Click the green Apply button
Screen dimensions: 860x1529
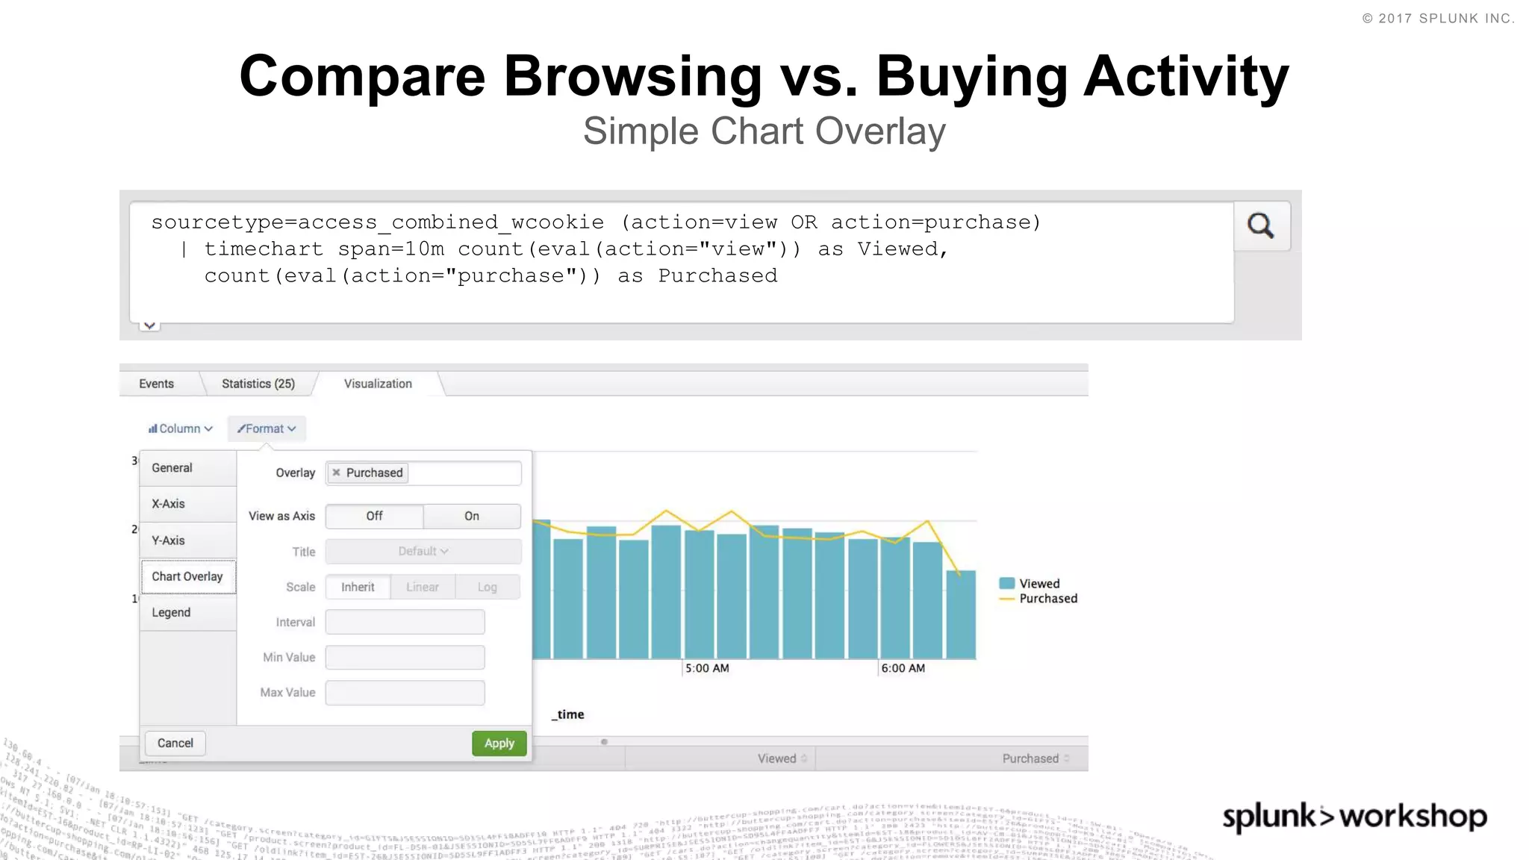click(499, 743)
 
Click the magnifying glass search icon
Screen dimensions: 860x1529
click(1261, 225)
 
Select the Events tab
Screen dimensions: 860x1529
click(156, 384)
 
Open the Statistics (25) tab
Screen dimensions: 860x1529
click(258, 384)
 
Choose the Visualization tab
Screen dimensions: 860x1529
click(378, 384)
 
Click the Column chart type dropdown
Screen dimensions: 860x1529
click(181, 429)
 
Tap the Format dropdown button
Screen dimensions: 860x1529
click(267, 429)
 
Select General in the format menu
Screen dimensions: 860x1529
click(172, 468)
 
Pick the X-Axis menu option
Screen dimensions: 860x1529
click(169, 504)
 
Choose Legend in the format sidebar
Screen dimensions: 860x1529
click(172, 612)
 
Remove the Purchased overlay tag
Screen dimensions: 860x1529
click(337, 473)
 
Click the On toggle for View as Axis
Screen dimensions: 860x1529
click(472, 516)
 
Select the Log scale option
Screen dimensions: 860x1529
click(487, 588)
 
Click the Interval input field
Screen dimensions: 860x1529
click(405, 622)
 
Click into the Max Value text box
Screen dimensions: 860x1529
click(405, 692)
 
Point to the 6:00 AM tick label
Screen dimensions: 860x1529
click(903, 668)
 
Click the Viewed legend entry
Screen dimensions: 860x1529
click(1038, 584)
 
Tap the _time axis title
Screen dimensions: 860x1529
click(568, 714)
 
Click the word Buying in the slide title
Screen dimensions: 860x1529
click(973, 76)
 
